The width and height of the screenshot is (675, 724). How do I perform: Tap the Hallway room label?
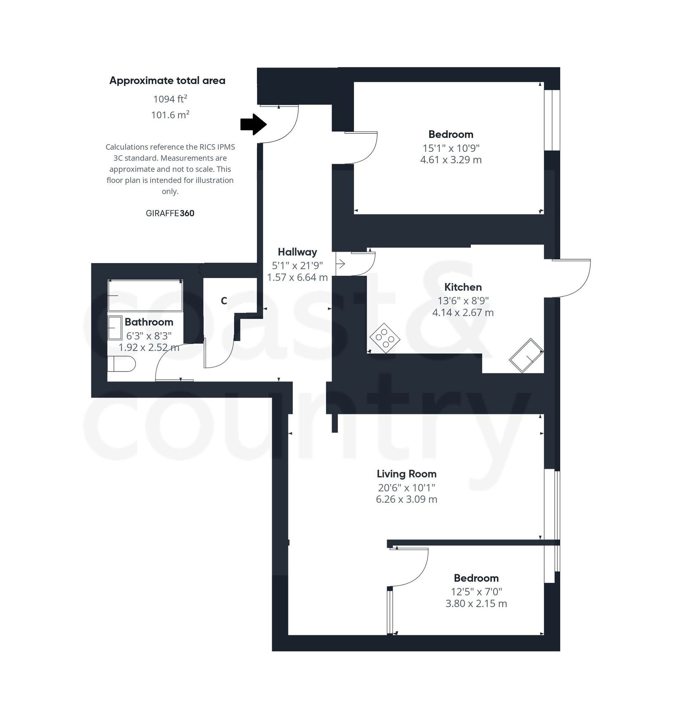coord(297,252)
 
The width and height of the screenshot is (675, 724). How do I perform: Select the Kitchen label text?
coord(463,287)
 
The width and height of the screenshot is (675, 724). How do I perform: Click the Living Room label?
coord(406,474)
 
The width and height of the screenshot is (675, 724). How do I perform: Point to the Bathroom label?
coord(149,322)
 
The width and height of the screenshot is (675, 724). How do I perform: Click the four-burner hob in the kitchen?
coord(385,338)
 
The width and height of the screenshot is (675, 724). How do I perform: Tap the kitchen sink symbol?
coord(526,355)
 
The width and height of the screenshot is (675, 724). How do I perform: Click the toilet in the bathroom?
coord(121,363)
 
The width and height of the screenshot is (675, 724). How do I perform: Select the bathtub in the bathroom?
coord(145,296)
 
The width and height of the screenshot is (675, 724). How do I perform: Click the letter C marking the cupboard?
coord(224,301)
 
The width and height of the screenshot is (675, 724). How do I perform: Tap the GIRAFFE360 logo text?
coord(170,213)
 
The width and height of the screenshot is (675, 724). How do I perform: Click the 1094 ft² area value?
coord(170,99)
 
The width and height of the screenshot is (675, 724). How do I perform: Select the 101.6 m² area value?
coord(170,114)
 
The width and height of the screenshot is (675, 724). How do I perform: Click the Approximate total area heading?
coord(167,80)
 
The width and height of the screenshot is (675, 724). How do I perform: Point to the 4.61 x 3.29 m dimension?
coord(451,160)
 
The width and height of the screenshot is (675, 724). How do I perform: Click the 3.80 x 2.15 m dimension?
coord(476,603)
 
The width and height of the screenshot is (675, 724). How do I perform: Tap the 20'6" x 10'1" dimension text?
coord(406,487)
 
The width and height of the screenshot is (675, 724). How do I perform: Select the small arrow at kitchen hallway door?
coord(340,264)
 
